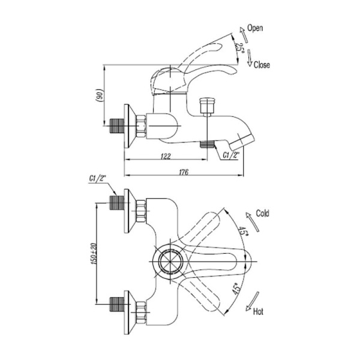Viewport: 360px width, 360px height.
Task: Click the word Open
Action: (255, 28)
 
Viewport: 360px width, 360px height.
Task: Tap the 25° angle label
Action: (239, 49)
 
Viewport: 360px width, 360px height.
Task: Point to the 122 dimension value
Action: (166, 156)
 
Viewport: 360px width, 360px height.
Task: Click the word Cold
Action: (263, 213)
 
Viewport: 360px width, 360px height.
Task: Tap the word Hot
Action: (259, 312)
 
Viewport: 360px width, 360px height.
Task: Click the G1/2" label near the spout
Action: (230, 155)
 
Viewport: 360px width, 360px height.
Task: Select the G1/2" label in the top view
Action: (97, 179)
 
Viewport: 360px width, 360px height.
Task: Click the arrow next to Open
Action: (241, 30)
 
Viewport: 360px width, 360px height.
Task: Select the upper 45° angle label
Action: (243, 232)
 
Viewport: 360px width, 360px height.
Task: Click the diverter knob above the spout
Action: (208, 107)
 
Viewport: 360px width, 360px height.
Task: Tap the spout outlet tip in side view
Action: (248, 142)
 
